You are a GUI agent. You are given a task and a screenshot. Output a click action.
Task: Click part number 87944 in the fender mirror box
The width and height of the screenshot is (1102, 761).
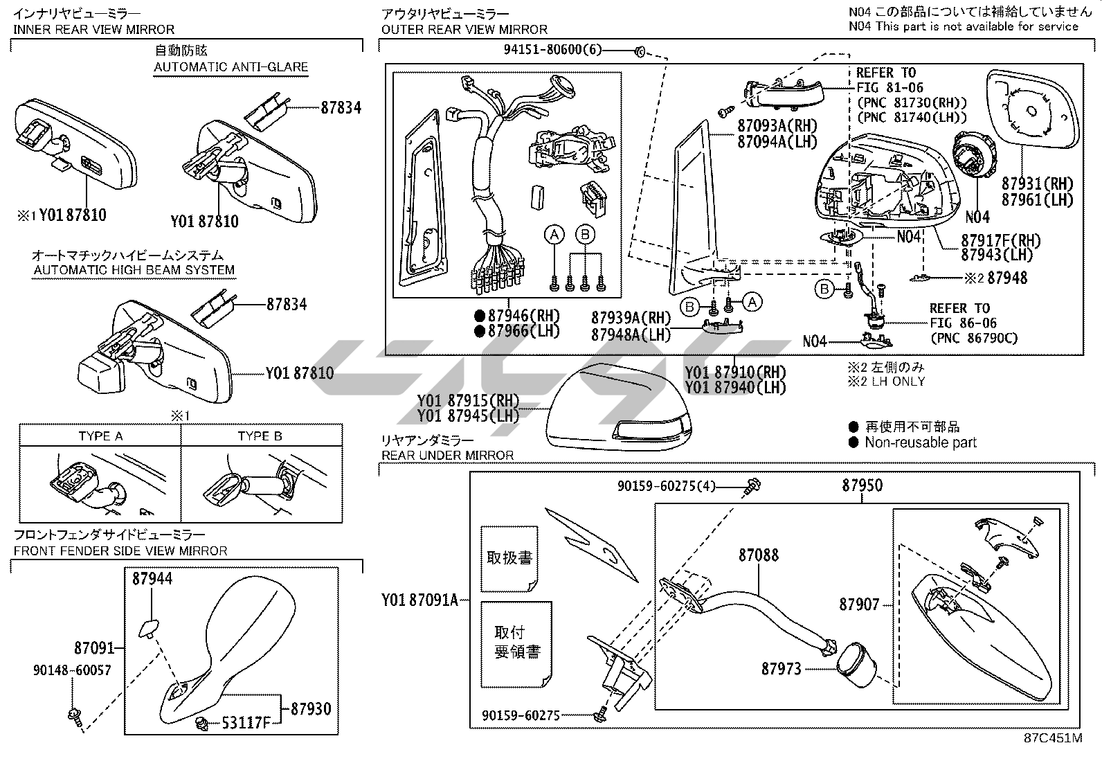click(x=152, y=578)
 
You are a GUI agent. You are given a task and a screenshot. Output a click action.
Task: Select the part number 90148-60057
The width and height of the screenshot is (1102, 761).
click(x=72, y=670)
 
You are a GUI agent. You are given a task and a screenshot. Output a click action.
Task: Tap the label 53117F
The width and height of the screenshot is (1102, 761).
click(x=246, y=724)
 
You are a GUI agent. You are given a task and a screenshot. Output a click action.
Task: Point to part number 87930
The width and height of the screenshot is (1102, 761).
click(x=311, y=708)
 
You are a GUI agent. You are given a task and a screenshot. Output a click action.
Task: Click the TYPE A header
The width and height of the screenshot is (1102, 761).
click(x=100, y=436)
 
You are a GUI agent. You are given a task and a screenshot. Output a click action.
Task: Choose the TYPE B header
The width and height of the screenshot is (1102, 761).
click(x=260, y=436)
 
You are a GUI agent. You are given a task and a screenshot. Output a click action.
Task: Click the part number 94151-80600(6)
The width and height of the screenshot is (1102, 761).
click(x=553, y=49)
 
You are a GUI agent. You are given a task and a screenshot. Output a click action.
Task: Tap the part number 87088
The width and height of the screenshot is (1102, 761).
click(x=758, y=555)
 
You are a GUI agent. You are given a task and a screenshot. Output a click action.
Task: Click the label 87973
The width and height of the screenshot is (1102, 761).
click(x=781, y=669)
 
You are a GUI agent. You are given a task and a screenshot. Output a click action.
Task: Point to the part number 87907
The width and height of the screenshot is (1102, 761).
click(x=859, y=605)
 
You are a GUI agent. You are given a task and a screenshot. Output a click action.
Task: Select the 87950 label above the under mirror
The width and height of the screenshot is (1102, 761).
click(x=862, y=485)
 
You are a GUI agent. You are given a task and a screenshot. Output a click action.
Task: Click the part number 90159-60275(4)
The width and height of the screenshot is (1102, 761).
click(x=667, y=487)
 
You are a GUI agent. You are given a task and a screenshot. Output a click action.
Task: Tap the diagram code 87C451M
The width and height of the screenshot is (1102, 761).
click(x=1053, y=738)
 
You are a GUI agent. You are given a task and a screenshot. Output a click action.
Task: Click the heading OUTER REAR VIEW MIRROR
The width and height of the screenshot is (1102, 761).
click(x=464, y=30)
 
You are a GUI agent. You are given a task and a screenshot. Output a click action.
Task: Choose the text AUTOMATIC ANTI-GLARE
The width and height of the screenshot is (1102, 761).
click(x=231, y=67)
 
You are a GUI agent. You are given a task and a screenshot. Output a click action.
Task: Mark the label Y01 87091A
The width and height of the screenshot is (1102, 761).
click(x=419, y=600)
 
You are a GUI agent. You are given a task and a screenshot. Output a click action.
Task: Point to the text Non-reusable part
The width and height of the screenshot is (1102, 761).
click(x=920, y=442)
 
